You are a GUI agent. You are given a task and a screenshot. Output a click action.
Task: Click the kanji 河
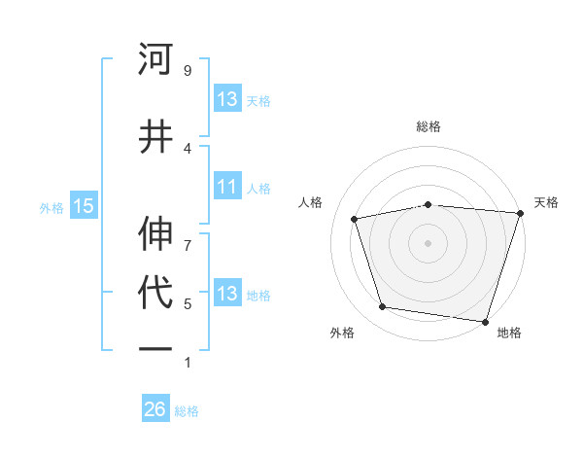(x=156, y=60)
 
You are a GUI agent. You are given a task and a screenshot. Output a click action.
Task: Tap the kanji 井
(x=156, y=137)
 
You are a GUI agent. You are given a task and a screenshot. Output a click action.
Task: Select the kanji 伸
(x=156, y=232)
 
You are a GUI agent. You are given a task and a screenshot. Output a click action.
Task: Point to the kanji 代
(x=156, y=293)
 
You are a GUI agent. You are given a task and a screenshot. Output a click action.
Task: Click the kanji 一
(x=156, y=349)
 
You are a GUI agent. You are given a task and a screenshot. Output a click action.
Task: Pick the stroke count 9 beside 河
(x=188, y=71)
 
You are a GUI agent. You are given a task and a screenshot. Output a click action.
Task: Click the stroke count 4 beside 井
(x=188, y=148)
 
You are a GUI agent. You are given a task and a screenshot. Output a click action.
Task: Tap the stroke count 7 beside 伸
(x=188, y=234)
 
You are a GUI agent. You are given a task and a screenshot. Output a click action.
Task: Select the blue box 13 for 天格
(x=227, y=99)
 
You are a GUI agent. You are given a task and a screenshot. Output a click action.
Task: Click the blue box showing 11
(x=227, y=187)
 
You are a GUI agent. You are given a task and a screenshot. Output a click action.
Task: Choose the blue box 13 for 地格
(x=227, y=294)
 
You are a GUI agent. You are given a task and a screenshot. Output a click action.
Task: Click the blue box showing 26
(x=155, y=409)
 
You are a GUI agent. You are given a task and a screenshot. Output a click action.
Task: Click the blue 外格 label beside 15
(x=51, y=206)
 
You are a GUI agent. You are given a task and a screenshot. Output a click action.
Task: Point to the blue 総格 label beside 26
(x=187, y=410)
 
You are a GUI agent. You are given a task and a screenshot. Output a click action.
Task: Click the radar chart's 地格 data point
(x=485, y=321)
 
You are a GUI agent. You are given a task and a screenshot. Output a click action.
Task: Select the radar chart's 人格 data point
(x=355, y=219)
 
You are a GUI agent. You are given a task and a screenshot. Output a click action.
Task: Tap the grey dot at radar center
(x=428, y=242)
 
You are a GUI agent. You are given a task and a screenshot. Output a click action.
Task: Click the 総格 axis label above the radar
(x=428, y=126)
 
